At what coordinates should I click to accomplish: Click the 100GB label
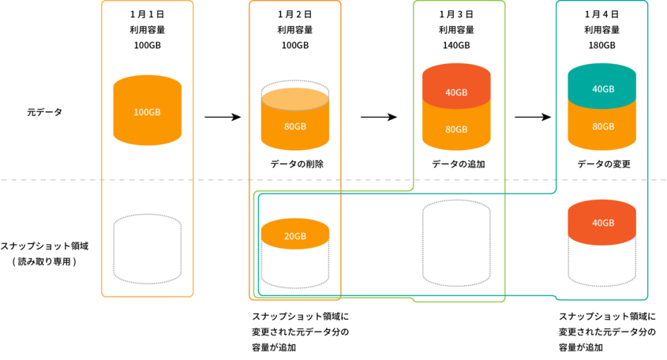(148, 112)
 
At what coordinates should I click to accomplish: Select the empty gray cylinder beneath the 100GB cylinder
(148, 249)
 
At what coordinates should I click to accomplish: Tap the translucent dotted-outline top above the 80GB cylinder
(295, 94)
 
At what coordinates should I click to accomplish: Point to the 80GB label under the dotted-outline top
(295, 126)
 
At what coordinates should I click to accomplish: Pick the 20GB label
(295, 236)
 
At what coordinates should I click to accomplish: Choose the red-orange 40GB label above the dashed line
(456, 92)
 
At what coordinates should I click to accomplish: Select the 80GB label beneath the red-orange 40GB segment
(456, 129)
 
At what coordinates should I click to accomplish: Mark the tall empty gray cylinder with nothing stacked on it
(456, 243)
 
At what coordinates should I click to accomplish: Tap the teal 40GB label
(603, 89)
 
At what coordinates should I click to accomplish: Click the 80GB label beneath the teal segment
(603, 126)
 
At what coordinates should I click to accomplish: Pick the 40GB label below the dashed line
(603, 223)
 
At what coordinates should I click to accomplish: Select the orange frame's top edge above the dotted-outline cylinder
(295, 2)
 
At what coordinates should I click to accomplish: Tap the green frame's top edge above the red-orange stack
(459, 2)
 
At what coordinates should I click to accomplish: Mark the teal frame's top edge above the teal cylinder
(602, 2)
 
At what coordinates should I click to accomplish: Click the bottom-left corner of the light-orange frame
(103, 296)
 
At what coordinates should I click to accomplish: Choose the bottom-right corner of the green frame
(504, 301)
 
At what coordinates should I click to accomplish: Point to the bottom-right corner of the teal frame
(647, 298)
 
